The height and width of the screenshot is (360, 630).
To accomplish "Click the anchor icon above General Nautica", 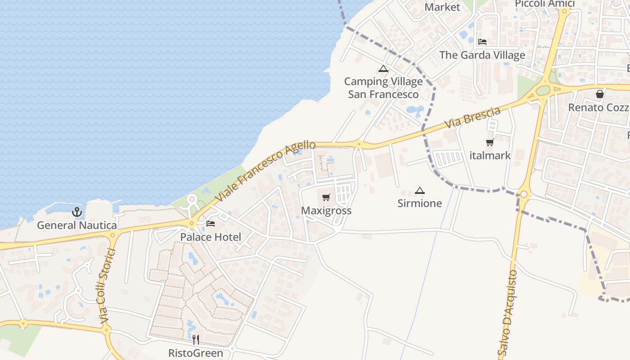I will coord(77,211).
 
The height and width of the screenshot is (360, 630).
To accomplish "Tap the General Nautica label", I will coord(77,225).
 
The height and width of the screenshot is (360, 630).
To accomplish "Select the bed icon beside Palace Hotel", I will coord(210,224).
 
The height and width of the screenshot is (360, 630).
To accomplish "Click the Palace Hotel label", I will coord(211,237).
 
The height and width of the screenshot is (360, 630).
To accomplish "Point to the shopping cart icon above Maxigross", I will coord(326,197).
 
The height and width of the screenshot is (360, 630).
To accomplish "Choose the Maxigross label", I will coord(326,211).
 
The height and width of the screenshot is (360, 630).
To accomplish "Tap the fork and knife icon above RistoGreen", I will coord(195,340).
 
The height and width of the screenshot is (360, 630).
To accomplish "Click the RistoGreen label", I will coord(195,353).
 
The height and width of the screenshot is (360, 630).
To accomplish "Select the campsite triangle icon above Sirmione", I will coord(420,190).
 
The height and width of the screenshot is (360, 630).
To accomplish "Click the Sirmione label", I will coord(420,203).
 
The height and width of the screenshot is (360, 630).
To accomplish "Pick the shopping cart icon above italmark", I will coord(490,143).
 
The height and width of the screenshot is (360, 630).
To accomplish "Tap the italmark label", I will coord(490,156).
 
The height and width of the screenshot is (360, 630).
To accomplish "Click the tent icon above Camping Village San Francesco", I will coord(383,69).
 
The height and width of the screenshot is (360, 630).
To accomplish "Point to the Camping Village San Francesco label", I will coord(383,88).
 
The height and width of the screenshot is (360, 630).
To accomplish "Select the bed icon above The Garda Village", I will coord(482,42).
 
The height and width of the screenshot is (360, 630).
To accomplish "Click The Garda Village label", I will coord(482,55).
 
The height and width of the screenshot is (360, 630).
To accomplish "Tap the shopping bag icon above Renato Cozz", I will coord(599,94).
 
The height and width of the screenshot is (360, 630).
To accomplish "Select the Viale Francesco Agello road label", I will coord(265,171).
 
